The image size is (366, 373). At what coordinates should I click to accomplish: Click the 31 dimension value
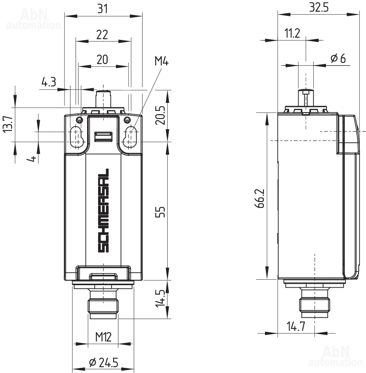tap(102, 9)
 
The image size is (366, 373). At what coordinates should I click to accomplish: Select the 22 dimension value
tap(102, 35)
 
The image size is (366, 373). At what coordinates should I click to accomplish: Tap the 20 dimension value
tap(102, 59)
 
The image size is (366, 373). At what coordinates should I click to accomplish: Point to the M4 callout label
tap(161, 61)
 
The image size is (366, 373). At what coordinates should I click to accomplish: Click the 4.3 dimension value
tap(49, 82)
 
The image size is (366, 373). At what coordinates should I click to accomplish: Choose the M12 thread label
tap(104, 337)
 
